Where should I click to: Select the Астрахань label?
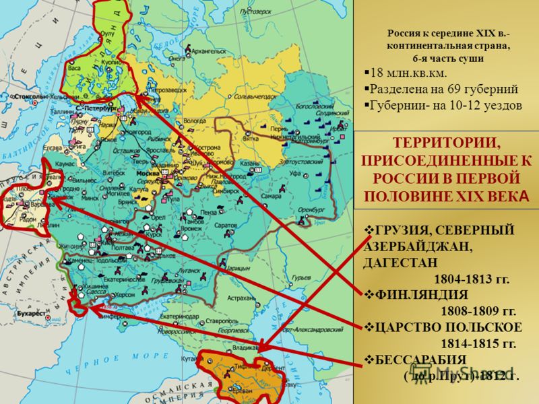click(243, 297)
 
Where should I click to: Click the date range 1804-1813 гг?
click(472, 277)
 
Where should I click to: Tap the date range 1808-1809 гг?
click(478, 311)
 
